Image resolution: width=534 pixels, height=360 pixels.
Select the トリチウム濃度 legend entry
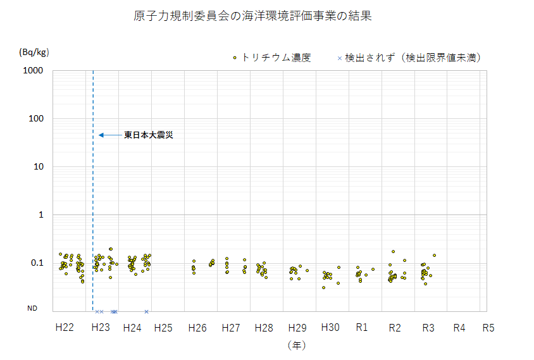coord(271,58)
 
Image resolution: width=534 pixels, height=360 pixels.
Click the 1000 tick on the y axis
coord(32,71)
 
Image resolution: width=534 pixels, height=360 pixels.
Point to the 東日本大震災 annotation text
coord(148,135)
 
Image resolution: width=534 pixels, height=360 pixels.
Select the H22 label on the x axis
coord(65,328)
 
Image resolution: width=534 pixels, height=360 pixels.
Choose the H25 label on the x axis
coord(163,328)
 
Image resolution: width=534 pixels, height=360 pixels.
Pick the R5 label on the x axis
coord(488,328)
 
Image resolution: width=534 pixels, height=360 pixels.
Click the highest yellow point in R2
coord(393,252)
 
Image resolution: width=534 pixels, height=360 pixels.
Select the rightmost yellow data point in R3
coord(434,256)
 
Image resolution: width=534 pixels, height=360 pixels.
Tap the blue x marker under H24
coord(146,311)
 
